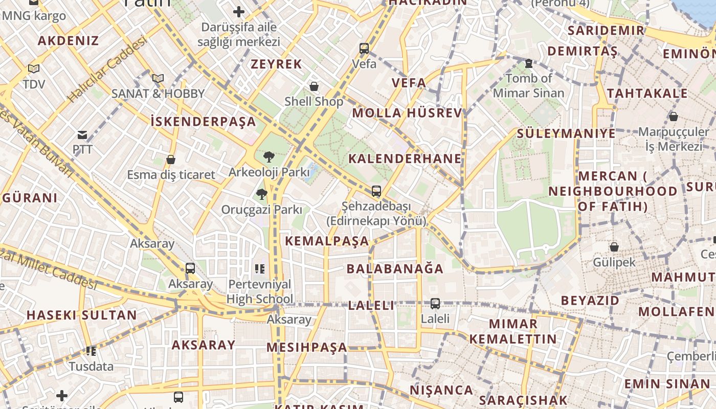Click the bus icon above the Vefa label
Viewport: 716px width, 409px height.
point(364,49)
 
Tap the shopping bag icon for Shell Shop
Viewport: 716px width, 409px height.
point(314,86)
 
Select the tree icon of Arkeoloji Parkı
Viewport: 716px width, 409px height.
point(268,157)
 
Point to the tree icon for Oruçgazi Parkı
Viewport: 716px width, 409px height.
point(262,194)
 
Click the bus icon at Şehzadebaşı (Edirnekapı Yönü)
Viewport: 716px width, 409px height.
point(376,191)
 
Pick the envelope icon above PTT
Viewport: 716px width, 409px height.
point(82,135)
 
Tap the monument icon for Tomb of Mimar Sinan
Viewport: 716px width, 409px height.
point(529,63)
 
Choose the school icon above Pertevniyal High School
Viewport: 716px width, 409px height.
point(260,268)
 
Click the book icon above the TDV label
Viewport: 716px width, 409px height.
point(34,69)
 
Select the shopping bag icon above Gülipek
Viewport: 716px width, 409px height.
point(614,247)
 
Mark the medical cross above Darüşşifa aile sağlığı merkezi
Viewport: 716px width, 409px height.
point(239,11)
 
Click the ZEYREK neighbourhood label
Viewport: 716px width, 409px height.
point(276,64)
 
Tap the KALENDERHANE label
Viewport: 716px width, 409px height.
point(405,158)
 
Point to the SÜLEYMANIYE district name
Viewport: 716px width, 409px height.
point(566,134)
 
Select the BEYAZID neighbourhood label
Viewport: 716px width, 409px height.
point(590,300)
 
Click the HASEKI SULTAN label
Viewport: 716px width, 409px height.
point(82,315)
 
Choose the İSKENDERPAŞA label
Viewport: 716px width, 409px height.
point(203,122)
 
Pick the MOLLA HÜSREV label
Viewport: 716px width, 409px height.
point(407,113)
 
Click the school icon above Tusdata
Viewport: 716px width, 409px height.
point(91,351)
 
